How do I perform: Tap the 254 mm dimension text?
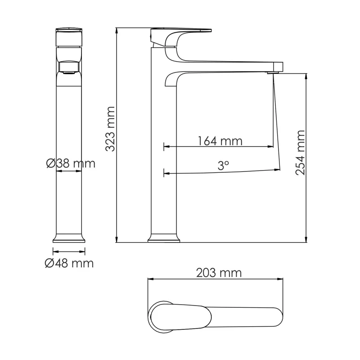click(x=301, y=152)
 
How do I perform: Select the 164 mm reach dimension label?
click(x=220, y=141)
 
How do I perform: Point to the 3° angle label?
click(x=223, y=166)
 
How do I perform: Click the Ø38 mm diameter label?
click(x=71, y=163)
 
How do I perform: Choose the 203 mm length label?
click(x=219, y=273)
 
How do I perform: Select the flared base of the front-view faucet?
click(x=69, y=238)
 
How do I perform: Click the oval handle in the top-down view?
click(x=180, y=316)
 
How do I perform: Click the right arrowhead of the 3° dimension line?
click(x=277, y=170)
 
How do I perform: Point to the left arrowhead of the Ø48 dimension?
click(x=55, y=251)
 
